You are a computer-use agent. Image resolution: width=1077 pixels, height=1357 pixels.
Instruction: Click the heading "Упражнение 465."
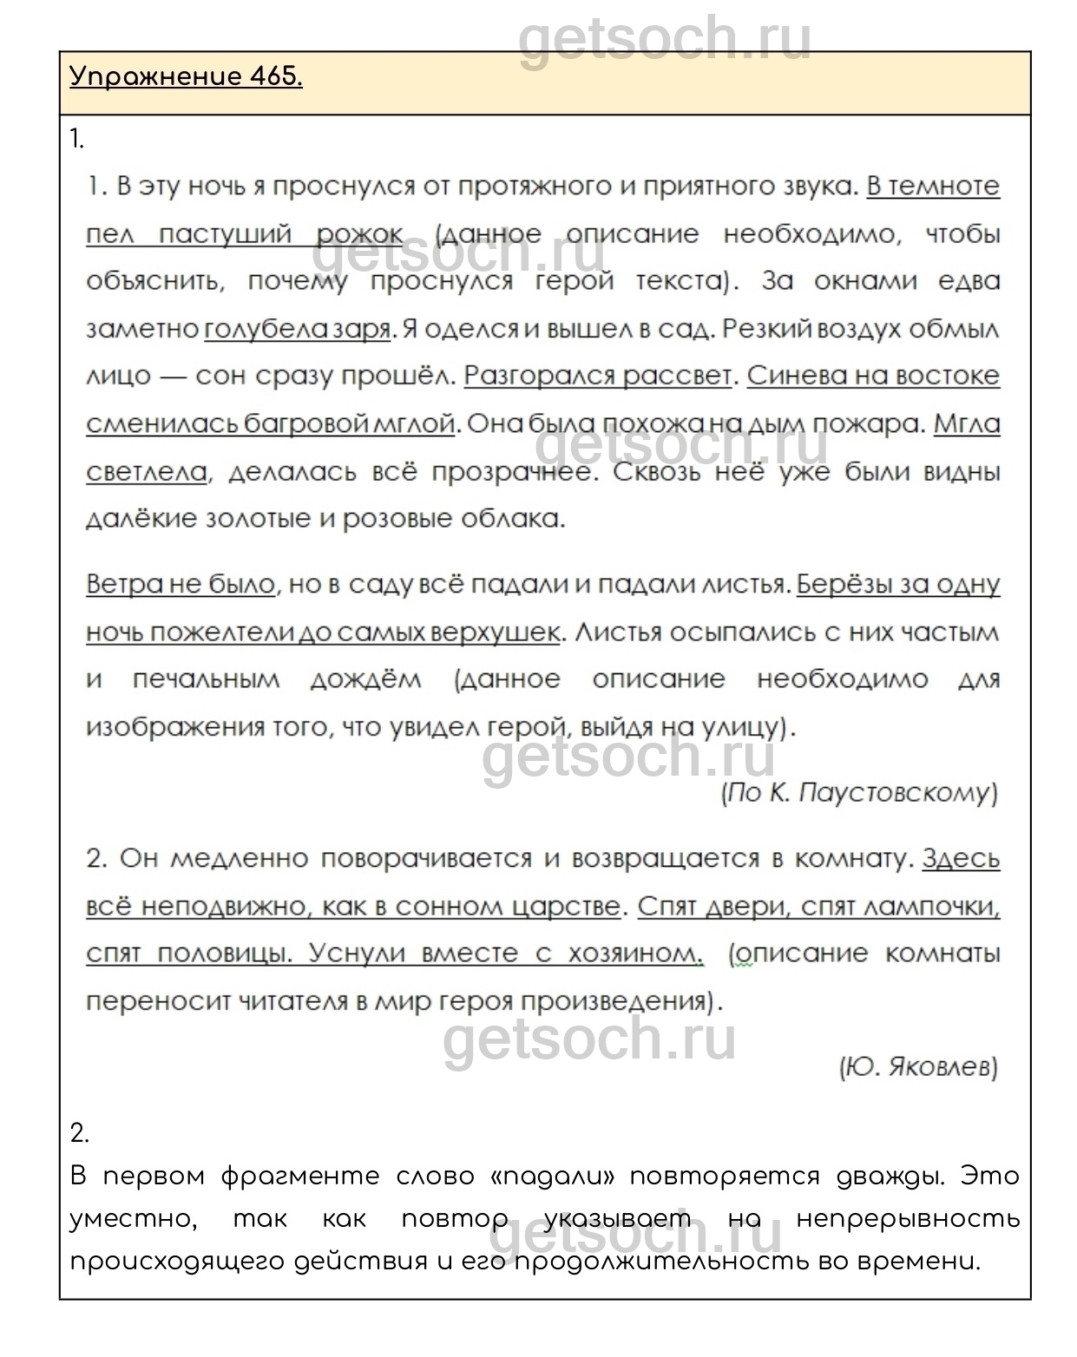coord(186,77)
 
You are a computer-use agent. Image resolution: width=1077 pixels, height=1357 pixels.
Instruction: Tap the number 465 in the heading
coord(274,77)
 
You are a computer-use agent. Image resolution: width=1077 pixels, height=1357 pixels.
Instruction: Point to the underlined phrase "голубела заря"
coord(299,330)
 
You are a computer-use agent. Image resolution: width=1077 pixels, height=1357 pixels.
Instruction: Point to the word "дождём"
coord(365,679)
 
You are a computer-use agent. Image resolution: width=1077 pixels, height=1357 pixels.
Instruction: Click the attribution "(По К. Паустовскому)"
coord(859,792)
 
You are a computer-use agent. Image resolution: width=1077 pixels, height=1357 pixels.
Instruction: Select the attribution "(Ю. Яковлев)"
coord(918,1066)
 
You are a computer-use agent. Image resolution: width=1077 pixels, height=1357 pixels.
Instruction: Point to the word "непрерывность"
coord(908,1219)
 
